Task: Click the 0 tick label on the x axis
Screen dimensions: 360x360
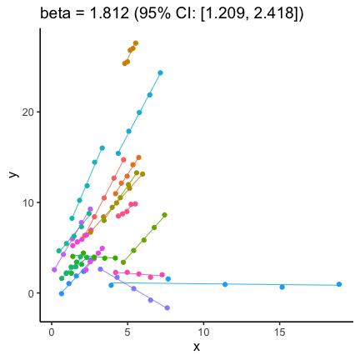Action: (52, 331)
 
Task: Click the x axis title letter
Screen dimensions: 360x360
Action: (197, 346)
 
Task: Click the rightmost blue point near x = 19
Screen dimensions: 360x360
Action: (339, 284)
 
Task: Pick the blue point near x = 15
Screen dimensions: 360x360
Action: (282, 287)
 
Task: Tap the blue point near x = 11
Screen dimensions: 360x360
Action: (225, 284)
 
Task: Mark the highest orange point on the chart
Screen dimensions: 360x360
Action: (136, 43)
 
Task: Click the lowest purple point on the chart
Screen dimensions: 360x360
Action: (167, 307)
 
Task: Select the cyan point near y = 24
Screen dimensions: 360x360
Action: (160, 72)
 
